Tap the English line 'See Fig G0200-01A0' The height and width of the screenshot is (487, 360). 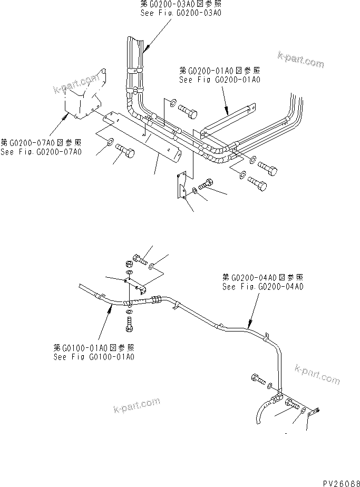(x=220, y=80)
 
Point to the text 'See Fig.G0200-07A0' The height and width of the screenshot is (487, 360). (x=41, y=152)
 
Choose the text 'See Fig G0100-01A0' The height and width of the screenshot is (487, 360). (x=94, y=356)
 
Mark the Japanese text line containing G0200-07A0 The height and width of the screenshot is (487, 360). (x=41, y=142)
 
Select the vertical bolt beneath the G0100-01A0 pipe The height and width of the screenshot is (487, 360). (x=129, y=323)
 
